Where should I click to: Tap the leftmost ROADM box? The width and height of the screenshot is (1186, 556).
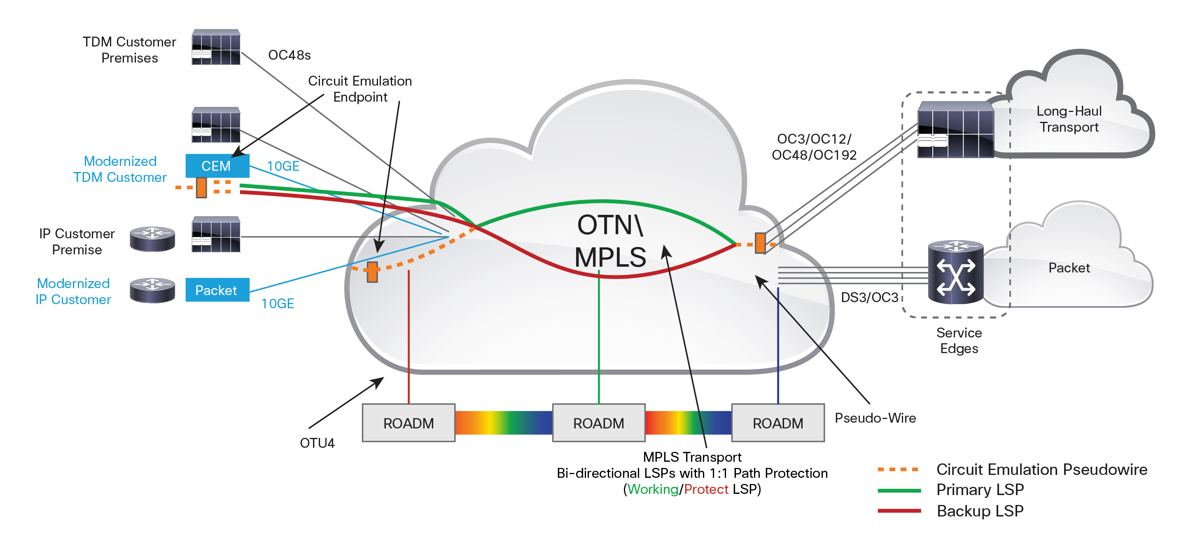point(409,423)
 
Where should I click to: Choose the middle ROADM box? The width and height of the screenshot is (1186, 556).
point(598,423)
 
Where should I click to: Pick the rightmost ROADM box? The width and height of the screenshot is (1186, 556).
point(777,423)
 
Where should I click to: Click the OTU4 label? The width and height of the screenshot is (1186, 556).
point(317,443)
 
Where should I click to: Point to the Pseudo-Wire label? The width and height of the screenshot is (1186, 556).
point(875,418)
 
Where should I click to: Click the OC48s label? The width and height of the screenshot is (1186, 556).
point(289,55)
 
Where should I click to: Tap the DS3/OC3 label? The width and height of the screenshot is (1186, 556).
point(869,297)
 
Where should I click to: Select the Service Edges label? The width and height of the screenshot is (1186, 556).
point(959,341)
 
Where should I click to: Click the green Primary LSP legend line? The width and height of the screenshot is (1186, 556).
point(899,490)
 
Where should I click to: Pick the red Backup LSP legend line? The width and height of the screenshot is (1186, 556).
point(899,510)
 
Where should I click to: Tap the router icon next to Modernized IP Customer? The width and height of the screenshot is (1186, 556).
point(152,290)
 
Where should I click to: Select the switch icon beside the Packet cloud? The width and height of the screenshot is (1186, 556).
point(956,272)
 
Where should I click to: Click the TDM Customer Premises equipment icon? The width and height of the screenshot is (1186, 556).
point(216,47)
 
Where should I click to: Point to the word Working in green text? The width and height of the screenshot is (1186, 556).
point(653,489)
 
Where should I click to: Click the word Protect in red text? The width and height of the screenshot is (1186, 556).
point(706,489)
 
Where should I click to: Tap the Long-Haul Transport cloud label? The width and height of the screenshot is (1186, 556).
point(1069,119)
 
